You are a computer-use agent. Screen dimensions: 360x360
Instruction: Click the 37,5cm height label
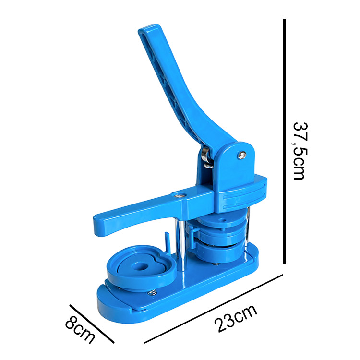pyautogui.click(x=300, y=151)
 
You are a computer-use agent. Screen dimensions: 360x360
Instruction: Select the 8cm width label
pyautogui.click(x=80, y=330)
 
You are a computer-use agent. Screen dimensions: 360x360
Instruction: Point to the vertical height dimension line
pyautogui.click(x=284, y=141)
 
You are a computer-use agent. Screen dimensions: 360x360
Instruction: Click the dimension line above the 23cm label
pyautogui.click(x=214, y=309)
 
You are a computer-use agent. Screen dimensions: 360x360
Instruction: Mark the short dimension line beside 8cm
pyautogui.click(x=92, y=324)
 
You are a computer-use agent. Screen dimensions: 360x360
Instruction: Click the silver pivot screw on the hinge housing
pyautogui.click(x=241, y=155)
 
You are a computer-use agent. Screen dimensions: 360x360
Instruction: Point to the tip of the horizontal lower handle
pyautogui.click(x=97, y=226)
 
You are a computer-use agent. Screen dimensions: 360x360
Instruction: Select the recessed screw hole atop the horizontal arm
pyautogui.click(x=180, y=195)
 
